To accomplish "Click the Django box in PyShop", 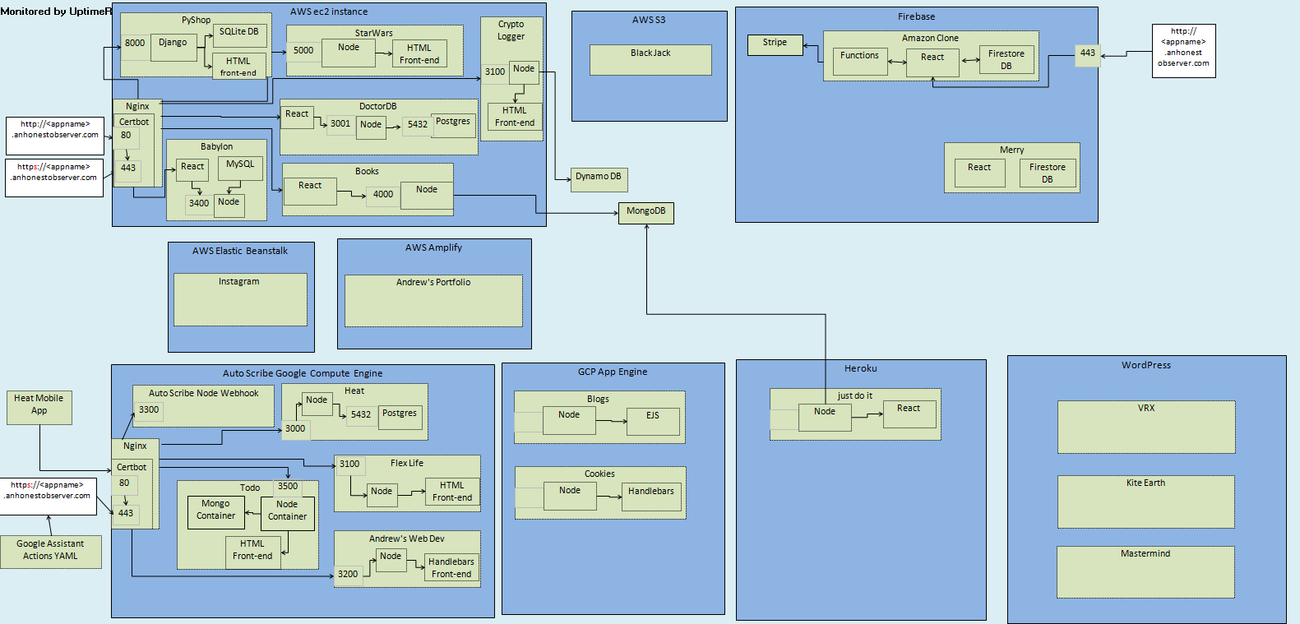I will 173,48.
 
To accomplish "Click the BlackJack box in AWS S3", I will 650,59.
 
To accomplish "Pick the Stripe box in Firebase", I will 775,44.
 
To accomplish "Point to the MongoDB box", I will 646,213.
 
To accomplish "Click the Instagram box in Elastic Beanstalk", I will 239,298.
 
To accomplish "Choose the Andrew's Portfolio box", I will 433,300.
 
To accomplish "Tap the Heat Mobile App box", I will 39,407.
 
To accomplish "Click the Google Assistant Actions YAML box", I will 50,551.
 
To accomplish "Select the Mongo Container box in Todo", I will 215,511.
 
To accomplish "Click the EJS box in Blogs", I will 653,421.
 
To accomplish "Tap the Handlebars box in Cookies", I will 651,497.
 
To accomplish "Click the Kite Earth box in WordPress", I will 1145,501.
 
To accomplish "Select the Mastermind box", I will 1145,571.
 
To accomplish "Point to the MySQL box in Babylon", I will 240,169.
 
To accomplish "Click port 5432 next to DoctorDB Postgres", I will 418,126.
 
